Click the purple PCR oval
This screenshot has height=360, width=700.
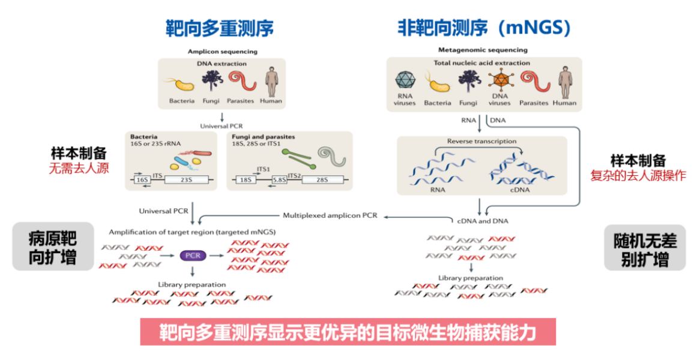pyautogui.click(x=193, y=256)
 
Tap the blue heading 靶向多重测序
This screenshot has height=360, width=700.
pyautogui.click(x=220, y=28)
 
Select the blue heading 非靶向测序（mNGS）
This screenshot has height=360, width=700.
pyautogui.click(x=483, y=28)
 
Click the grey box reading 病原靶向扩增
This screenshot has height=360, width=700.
pyautogui.click(x=53, y=247)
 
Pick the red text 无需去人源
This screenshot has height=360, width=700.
pyautogui.click(x=79, y=168)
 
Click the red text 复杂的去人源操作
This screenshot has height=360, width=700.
pyautogui.click(x=638, y=176)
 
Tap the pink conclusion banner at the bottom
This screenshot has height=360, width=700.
pyautogui.click(x=348, y=332)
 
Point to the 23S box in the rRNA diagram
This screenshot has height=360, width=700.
pyautogui.click(x=187, y=179)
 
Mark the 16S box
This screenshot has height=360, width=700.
pyautogui.click(x=142, y=179)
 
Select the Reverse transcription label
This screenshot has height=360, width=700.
pyautogui.click(x=481, y=142)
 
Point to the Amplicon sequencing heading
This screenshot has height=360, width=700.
pyautogui.click(x=222, y=52)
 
